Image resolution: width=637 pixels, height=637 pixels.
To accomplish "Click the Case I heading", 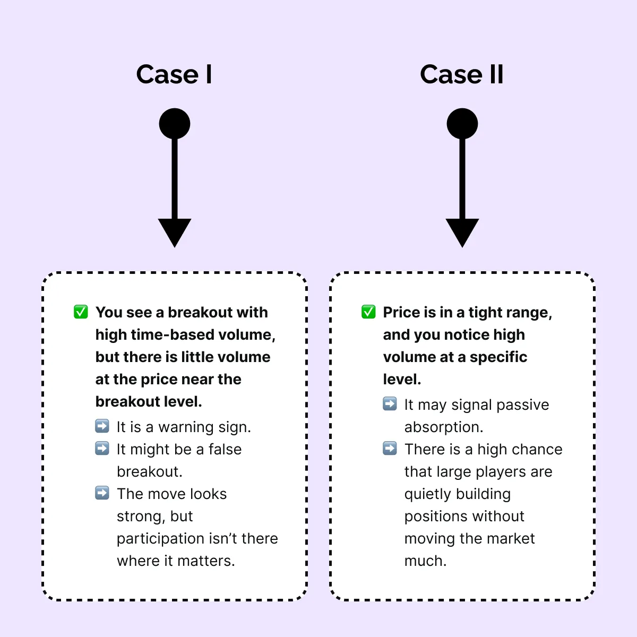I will [x=174, y=74].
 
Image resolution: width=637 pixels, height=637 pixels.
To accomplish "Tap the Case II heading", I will [x=461, y=74].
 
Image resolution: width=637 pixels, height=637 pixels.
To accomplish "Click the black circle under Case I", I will [x=175, y=124].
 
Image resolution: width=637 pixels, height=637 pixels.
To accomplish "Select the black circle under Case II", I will [x=462, y=124].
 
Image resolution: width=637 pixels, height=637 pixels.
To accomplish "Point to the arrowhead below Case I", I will [x=175, y=232].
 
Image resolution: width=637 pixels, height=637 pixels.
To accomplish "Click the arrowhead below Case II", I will [x=462, y=232].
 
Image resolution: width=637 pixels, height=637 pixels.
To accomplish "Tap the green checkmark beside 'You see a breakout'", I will [x=81, y=312].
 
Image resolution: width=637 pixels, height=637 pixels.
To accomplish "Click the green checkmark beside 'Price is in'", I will [x=368, y=312].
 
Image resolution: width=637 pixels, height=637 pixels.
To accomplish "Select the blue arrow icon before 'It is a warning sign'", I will [x=102, y=426].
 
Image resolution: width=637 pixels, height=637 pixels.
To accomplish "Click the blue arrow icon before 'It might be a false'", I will [x=102, y=449].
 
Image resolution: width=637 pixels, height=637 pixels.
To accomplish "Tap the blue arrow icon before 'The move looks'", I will [x=102, y=493].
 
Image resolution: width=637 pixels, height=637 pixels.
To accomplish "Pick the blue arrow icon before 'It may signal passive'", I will [x=390, y=404].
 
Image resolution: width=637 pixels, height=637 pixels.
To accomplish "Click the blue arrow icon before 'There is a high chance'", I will [x=390, y=449].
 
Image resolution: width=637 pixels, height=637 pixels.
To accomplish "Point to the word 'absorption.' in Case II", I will [x=444, y=427].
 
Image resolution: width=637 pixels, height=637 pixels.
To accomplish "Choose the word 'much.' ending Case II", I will [x=425, y=561].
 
